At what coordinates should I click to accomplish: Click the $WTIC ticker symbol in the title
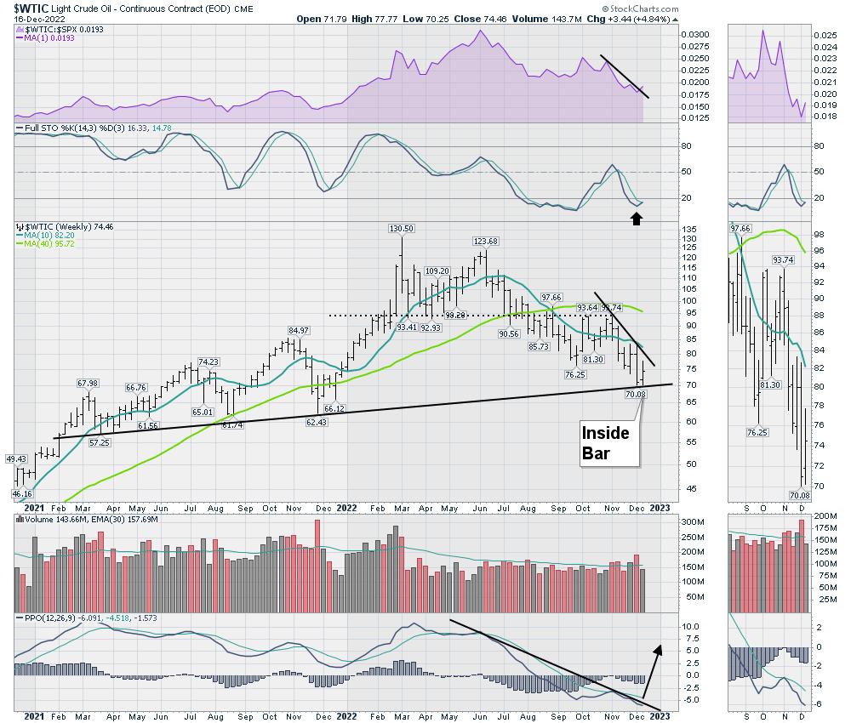pos(26,7)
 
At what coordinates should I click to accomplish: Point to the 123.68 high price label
pos(486,241)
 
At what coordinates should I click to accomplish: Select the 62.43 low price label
pos(317,422)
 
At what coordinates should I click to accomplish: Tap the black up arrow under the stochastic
pos(636,218)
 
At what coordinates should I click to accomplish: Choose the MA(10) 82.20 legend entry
pos(43,236)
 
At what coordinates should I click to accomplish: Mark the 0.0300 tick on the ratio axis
pos(696,34)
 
